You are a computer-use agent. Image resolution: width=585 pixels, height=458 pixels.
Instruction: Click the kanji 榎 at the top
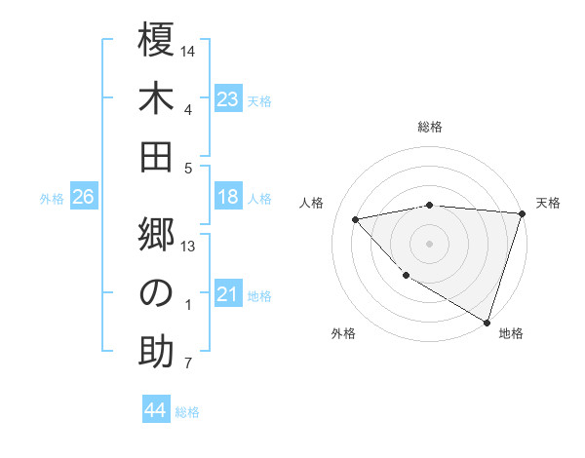pyautogui.click(x=156, y=40)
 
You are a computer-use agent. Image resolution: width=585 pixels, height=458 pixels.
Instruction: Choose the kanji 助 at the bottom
pyautogui.click(x=156, y=352)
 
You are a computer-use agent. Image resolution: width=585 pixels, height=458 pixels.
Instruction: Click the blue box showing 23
pyautogui.click(x=228, y=98)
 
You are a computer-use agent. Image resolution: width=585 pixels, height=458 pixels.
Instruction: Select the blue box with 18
pyautogui.click(x=228, y=197)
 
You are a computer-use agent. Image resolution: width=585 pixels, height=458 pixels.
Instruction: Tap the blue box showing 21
pyautogui.click(x=228, y=294)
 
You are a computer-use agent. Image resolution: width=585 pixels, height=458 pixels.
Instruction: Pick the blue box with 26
pyautogui.click(x=83, y=197)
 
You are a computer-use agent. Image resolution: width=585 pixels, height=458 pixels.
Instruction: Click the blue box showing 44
pyautogui.click(x=155, y=410)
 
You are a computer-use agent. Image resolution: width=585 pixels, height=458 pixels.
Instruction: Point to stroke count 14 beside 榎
pyautogui.click(x=189, y=51)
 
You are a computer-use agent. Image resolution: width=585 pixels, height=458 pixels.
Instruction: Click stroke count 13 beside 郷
pyautogui.click(x=189, y=247)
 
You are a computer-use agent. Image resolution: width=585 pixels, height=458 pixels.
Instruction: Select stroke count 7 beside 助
pyautogui.click(x=188, y=364)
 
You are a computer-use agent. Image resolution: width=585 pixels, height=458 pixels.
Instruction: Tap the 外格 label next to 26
pyautogui.click(x=52, y=199)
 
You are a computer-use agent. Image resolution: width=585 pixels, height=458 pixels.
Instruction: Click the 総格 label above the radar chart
pyautogui.click(x=430, y=127)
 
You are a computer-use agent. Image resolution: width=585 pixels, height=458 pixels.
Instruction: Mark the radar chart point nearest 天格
pyautogui.click(x=523, y=213)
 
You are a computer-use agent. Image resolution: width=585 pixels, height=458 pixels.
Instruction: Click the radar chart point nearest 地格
pyautogui.click(x=486, y=321)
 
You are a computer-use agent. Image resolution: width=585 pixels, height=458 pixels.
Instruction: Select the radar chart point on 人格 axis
pyautogui.click(x=356, y=219)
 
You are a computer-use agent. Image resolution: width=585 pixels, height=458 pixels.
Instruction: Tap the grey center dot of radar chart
pyautogui.click(x=430, y=243)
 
